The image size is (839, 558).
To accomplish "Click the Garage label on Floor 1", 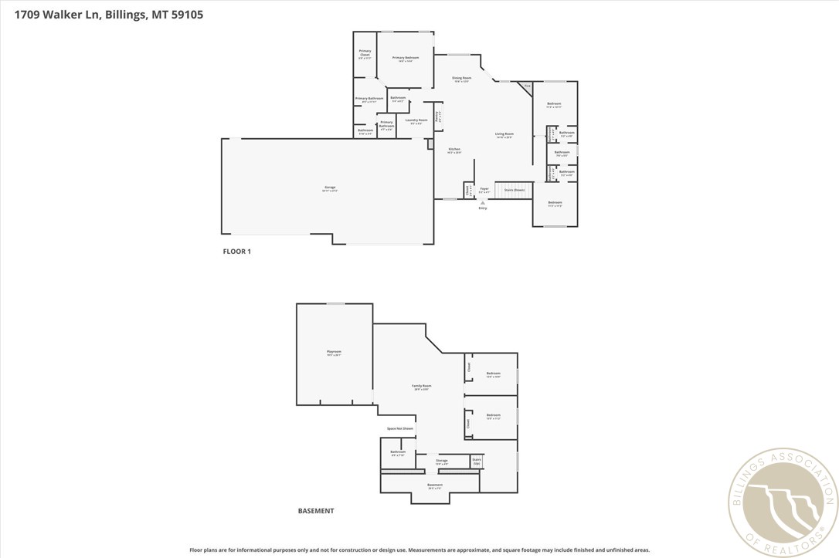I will pos(330,188).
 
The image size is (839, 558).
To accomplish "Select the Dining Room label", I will pos(461,79).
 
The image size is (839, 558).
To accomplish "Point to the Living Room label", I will pos(504,135).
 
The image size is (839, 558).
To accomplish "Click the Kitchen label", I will pos(454,150).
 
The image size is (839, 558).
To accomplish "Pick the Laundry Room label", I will pos(416,121).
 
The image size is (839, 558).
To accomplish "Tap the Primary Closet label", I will pos(365,54).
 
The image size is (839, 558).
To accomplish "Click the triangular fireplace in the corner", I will pos(526,87).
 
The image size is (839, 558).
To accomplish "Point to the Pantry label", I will pos(438,117).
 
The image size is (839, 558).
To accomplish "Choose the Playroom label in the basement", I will pos(334,353).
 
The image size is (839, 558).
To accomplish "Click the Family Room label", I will pos(421,387).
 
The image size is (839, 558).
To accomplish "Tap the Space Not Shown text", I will pos(399,428).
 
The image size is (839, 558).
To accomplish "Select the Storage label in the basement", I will pos(441,462).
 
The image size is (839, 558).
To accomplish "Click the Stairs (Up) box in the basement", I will pos(477,462).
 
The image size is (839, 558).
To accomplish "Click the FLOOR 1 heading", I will pos(237,252).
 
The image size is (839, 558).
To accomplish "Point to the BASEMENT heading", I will pos(316,511).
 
